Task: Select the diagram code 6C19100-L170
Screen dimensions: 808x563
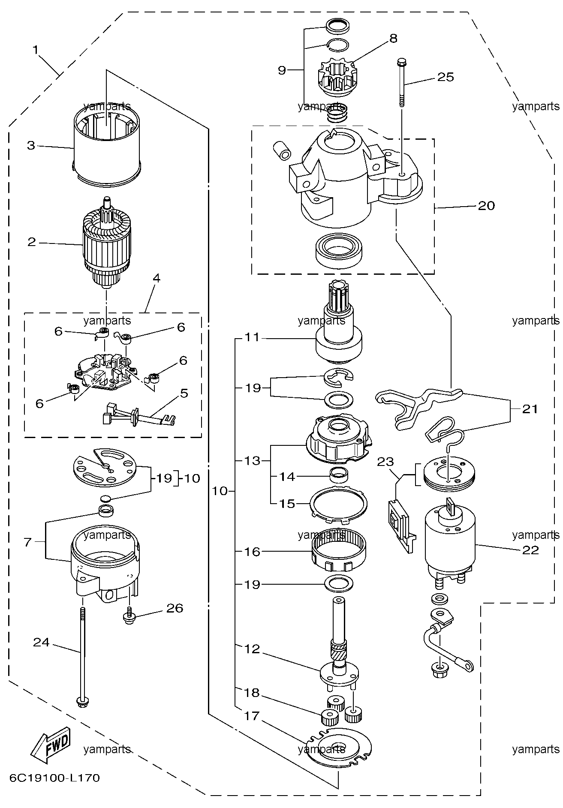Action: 54,777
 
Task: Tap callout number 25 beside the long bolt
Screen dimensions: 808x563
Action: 445,77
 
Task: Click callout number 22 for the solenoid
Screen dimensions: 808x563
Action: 530,550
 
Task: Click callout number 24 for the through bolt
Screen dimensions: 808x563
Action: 42,643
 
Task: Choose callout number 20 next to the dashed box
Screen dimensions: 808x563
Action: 486,206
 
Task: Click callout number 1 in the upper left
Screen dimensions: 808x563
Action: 36,50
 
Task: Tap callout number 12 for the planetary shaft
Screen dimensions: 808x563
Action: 253,649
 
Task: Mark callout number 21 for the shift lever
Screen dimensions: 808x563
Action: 530,409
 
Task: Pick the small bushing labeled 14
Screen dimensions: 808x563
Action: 338,475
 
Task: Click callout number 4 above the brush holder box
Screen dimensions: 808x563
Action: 157,279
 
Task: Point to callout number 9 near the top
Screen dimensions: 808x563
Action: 282,70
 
